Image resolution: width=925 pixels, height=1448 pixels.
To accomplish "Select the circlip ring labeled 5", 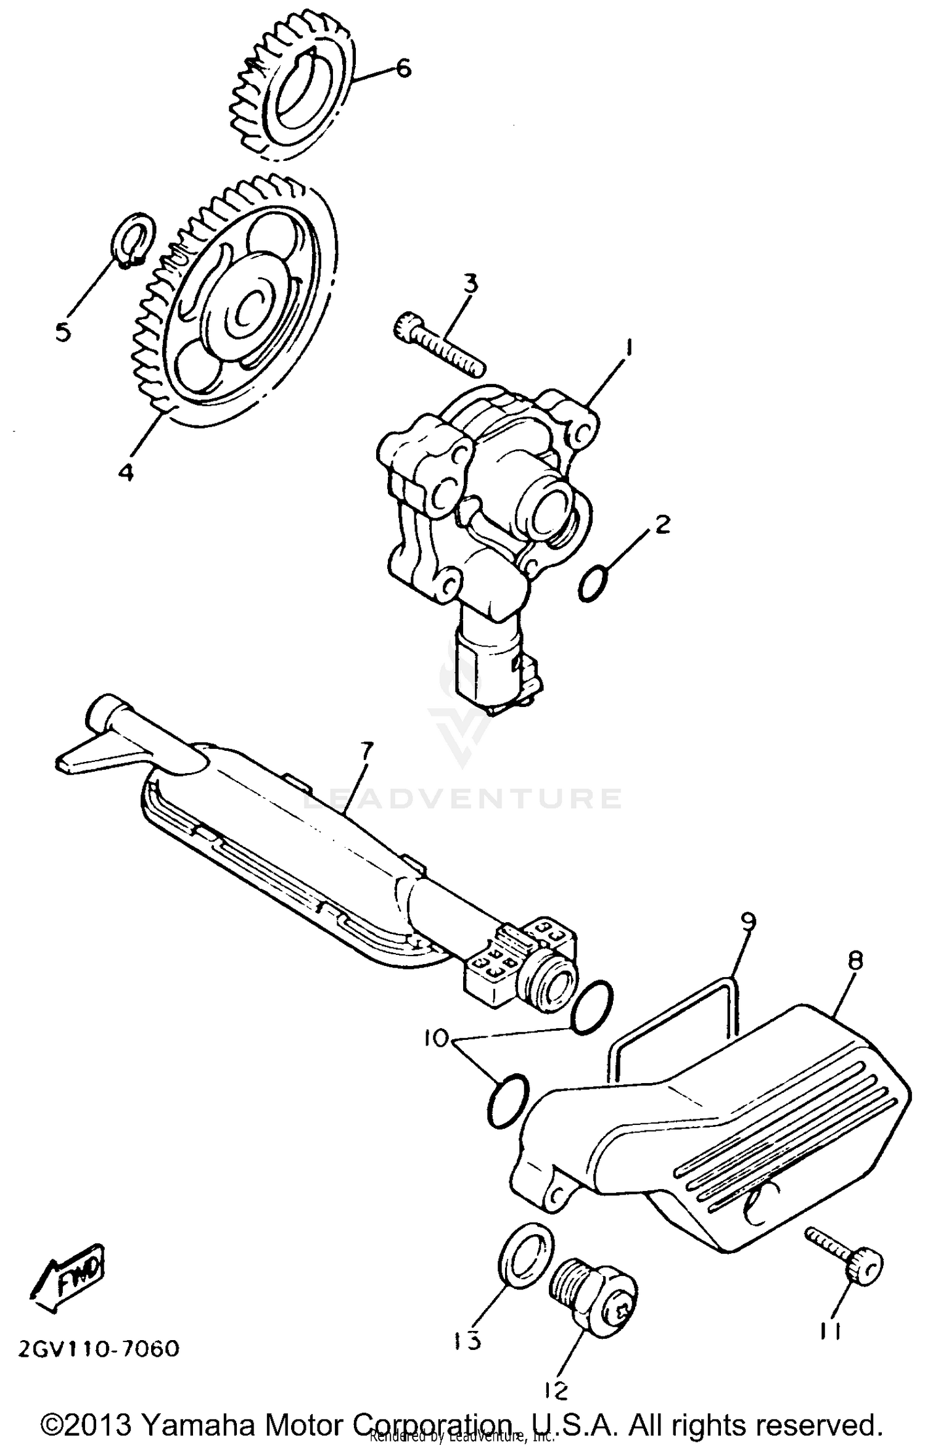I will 134,240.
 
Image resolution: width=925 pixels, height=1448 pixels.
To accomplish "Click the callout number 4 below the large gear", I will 126,473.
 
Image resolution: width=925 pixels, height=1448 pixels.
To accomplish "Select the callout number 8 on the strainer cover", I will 856,960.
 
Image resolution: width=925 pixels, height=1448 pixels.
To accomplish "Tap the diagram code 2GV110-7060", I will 99,1348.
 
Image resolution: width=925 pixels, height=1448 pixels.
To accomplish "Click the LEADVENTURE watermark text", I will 463,799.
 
